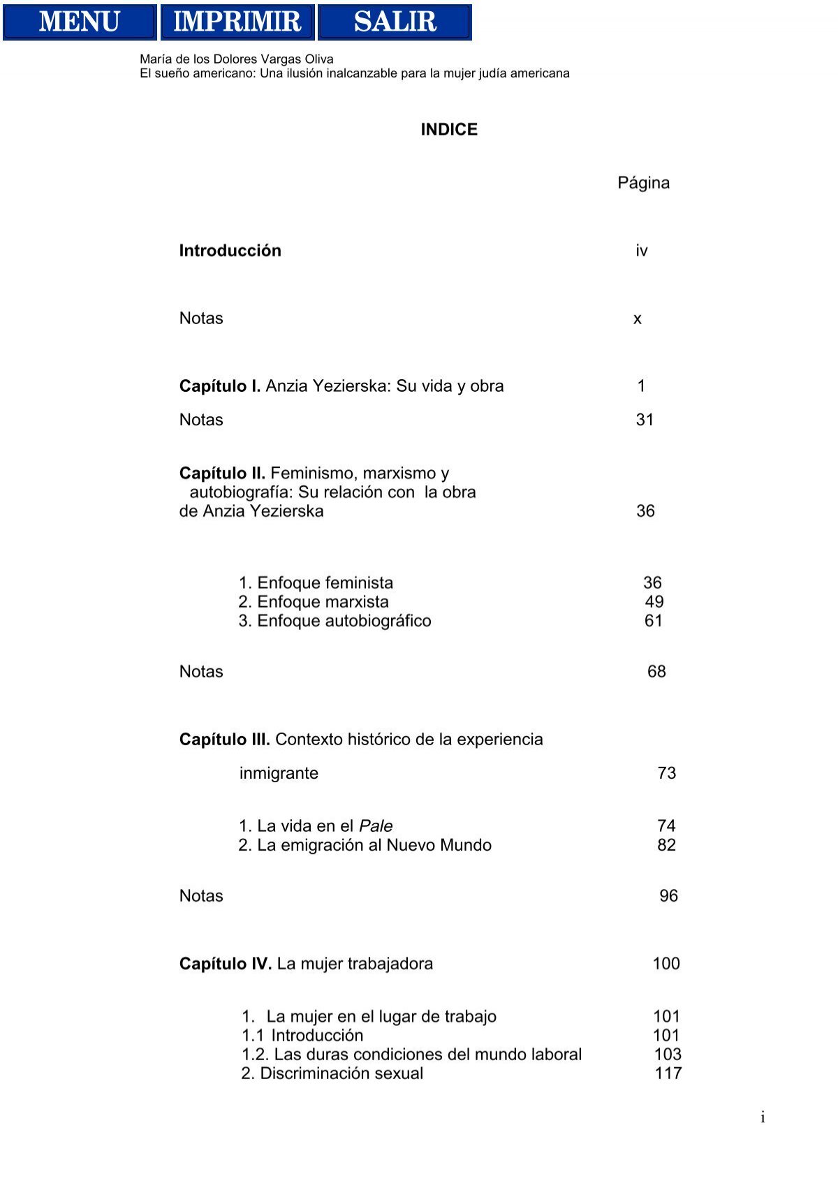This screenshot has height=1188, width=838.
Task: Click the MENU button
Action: point(80,22)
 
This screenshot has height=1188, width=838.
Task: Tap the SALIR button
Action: point(395,22)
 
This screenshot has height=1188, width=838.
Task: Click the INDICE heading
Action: point(449,130)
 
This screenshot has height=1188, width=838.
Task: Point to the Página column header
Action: point(643,183)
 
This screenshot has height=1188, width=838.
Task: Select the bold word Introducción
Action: point(230,251)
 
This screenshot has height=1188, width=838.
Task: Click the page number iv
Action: point(641,251)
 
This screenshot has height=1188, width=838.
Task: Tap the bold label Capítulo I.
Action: point(220,386)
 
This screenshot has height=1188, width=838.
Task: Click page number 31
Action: point(645,420)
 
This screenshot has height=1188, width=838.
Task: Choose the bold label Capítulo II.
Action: point(222,474)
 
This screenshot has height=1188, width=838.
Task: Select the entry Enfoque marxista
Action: point(323,602)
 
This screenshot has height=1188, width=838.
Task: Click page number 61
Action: point(654,621)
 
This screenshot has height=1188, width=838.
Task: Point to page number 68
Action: point(656,672)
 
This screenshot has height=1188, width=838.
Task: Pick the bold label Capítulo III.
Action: point(224,740)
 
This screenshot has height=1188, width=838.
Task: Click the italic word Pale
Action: point(376,826)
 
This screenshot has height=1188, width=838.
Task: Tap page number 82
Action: point(666,845)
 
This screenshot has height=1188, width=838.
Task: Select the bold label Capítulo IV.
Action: point(225,964)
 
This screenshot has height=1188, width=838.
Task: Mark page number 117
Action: point(668,1073)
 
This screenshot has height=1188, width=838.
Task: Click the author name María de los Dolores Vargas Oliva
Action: point(237,59)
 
